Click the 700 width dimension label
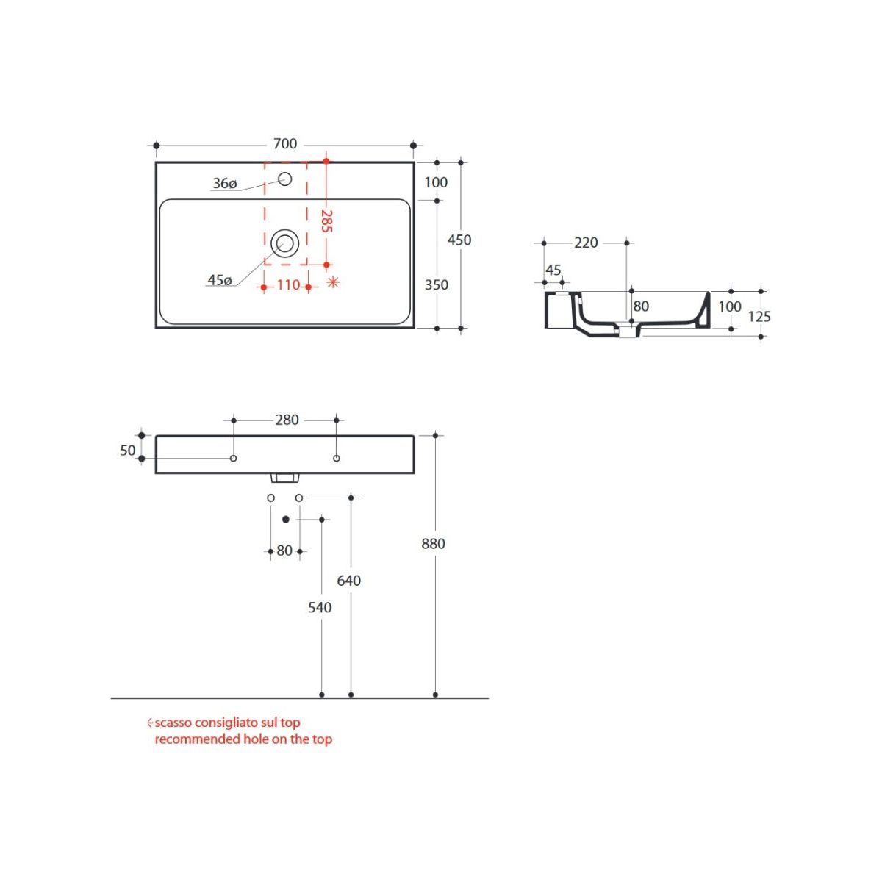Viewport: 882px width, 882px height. coord(284,144)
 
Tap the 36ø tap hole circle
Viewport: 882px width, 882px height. coord(284,179)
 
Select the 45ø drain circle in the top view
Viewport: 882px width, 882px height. coord(284,243)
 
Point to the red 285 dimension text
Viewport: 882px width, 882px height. coord(326,221)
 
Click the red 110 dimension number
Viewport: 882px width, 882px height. coord(288,284)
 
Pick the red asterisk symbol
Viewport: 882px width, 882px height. coord(333,282)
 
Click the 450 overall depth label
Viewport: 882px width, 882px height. coord(459,240)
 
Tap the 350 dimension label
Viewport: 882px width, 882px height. coord(436,284)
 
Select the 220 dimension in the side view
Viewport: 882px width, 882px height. coord(586,243)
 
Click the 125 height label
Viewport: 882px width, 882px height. coord(759,316)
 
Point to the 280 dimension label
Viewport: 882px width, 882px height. coord(287,420)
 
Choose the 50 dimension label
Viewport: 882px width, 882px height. coord(128,451)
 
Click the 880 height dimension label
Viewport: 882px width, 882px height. coord(433,544)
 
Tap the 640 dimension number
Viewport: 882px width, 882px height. coord(349,581)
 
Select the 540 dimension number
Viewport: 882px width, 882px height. coord(320,607)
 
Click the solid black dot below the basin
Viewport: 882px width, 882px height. coord(286,519)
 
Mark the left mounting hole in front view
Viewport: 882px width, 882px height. coord(234,458)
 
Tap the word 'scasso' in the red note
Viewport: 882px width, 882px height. coord(173,723)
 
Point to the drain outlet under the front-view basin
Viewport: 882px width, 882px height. coord(284,478)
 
